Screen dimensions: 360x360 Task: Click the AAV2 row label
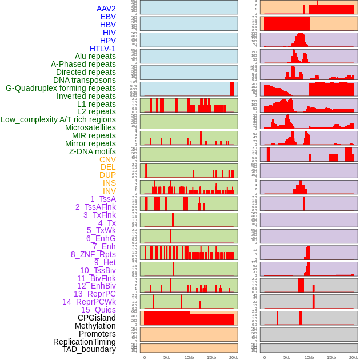pyautogui.click(x=106, y=9)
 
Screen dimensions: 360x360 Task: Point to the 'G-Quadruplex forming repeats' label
pyautogui.click(x=61, y=88)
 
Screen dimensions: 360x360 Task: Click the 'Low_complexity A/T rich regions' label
pyautogui.click(x=58, y=119)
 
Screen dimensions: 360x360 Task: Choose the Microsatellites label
pyautogui.click(x=90, y=127)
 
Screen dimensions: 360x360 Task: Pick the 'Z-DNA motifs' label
pyautogui.click(x=92, y=151)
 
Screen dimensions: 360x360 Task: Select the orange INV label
pyautogui.click(x=109, y=191)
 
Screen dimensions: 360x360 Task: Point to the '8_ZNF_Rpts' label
pyautogui.click(x=93, y=254)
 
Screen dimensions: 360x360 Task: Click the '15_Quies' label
pyautogui.click(x=98, y=310)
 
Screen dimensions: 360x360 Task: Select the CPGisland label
pyautogui.click(x=97, y=318)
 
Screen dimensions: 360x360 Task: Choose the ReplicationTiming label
pyautogui.click(x=84, y=342)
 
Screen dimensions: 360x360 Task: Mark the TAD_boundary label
pyautogui.click(x=89, y=349)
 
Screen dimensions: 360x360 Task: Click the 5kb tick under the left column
pyautogui.click(x=167, y=357)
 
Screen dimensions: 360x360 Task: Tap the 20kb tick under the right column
pyautogui.click(x=354, y=357)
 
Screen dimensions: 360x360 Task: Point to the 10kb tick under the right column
pyautogui.click(x=309, y=357)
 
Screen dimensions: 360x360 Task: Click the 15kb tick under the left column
pyautogui.click(x=211, y=357)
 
